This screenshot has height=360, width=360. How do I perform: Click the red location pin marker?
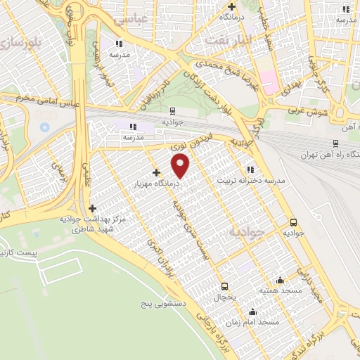181,166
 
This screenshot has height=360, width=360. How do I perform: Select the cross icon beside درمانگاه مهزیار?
156,172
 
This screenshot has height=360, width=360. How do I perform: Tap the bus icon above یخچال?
225,286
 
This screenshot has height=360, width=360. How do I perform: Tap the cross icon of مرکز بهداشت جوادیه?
92,208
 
